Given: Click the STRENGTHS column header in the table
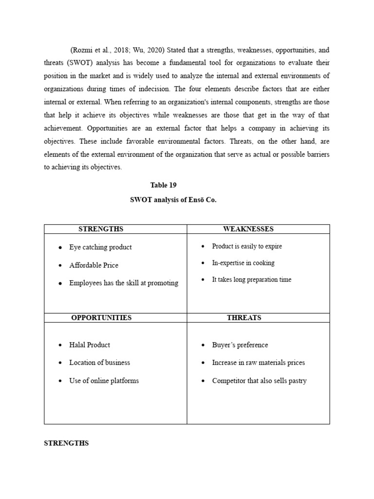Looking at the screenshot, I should pos(101,229).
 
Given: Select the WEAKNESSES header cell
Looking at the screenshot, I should pos(248,229).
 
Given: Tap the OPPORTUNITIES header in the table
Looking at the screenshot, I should pos(101,318).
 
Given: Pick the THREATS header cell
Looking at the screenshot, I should pos(244,318).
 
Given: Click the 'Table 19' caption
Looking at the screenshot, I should pos(163,185).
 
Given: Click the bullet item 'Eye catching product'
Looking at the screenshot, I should pos(100,247).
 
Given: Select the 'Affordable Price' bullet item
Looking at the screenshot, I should pos(93,265).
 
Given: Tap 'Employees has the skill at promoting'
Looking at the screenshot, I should pos(124,283).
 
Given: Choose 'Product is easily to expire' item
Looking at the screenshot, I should pos(247,246).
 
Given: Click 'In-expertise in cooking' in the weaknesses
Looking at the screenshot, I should pos(243,263).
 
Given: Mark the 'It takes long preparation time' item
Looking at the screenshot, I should pos(252,280).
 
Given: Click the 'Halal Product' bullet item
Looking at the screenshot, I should pos(90,345).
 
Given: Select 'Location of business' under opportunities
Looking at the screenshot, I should pos(99,363).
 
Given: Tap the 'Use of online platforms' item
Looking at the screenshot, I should pos(104,381).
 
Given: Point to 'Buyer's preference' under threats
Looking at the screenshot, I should pos(240,345).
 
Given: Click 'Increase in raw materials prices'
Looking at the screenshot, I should pos(258,363).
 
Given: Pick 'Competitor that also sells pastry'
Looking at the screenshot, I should pos(259,381).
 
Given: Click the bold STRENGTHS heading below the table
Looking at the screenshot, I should pos(66,443).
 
